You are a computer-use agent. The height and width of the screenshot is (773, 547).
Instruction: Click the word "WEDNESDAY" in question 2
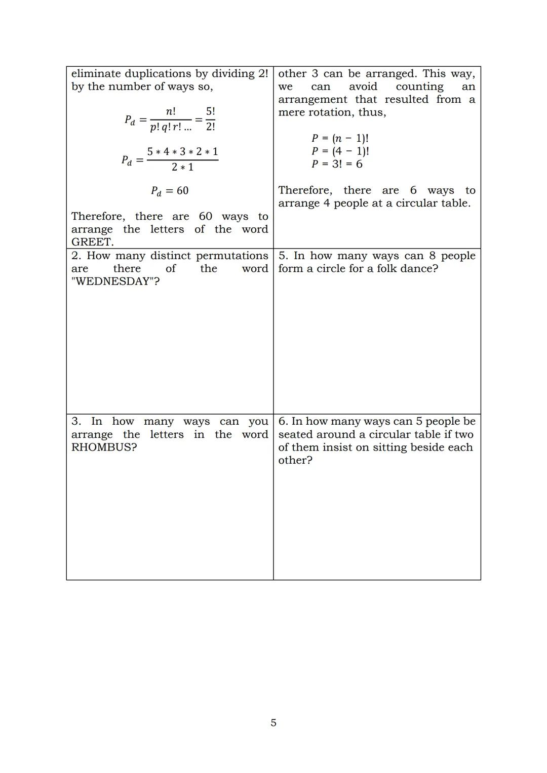115,281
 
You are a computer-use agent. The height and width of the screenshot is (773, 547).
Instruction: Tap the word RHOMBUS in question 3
104,447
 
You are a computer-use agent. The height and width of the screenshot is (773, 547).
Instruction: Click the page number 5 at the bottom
273,723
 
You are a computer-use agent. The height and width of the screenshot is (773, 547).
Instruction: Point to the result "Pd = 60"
170,191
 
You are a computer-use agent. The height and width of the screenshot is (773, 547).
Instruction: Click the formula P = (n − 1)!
340,138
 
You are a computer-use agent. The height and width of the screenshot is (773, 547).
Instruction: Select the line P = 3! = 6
337,164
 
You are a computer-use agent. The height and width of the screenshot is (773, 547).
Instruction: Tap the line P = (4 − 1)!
340,151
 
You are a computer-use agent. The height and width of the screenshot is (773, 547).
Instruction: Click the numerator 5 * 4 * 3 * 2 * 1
182,152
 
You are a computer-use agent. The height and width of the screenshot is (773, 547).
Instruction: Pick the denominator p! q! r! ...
171,127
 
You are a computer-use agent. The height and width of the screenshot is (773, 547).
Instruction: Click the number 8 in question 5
433,256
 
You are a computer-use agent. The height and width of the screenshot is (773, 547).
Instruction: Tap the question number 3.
76,422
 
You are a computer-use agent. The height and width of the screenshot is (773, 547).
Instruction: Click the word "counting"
419,87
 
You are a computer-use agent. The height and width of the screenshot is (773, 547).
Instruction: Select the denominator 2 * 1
182,167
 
